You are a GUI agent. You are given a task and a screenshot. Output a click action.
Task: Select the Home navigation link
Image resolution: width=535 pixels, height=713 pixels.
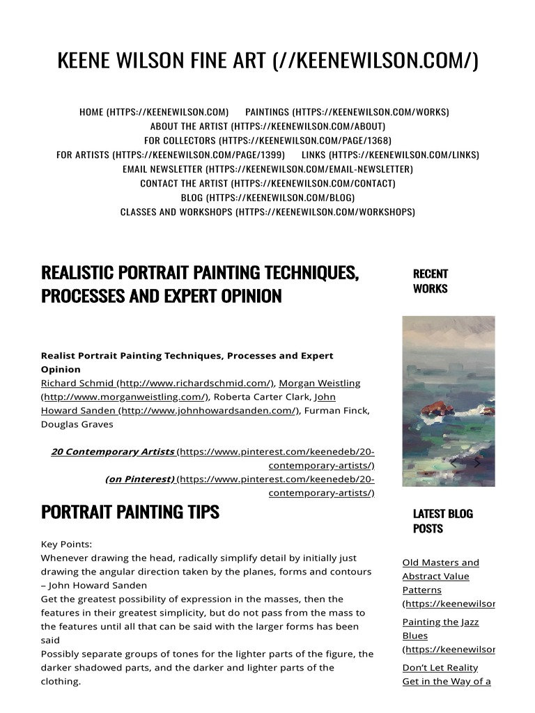154,111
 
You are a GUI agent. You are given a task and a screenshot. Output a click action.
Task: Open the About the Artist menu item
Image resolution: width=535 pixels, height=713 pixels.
267,126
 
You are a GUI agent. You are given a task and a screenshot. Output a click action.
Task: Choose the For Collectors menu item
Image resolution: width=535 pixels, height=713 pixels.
267,141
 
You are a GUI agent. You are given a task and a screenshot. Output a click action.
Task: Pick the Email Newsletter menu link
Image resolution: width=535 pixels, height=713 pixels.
267,169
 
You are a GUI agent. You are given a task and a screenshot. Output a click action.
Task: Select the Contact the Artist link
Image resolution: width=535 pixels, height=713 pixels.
267,183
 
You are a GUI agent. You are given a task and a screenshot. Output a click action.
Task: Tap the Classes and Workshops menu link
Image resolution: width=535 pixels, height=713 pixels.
267,212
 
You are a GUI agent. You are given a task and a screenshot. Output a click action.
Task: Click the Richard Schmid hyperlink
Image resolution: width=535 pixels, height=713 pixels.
78,383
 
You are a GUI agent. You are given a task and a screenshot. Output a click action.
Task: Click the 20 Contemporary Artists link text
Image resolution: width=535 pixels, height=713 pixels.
113,452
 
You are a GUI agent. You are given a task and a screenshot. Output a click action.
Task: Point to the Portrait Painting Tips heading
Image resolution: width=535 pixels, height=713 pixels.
130,512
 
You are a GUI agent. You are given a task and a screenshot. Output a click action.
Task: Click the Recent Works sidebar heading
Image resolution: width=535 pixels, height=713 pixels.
431,281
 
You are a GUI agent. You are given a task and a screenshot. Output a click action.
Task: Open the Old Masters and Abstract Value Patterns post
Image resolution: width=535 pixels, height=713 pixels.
440,577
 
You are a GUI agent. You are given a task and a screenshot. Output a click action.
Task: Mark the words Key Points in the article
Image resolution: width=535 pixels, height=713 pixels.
67,544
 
